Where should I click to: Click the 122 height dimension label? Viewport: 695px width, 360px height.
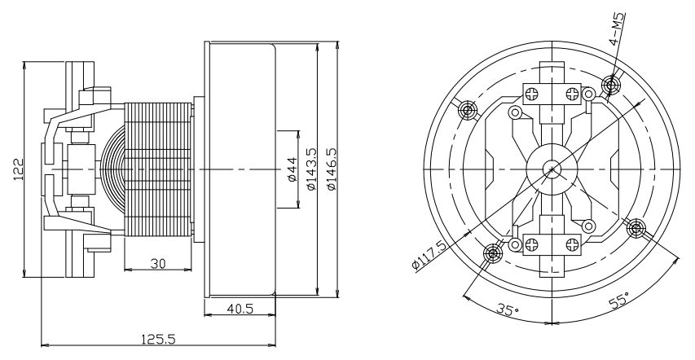coord(18,169)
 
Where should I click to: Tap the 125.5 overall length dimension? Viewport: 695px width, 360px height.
coord(158,339)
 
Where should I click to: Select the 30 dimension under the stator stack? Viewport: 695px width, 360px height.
coord(158,264)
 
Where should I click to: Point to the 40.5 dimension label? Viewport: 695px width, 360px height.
coord(240,309)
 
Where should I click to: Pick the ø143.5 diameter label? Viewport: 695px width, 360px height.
coord(311,169)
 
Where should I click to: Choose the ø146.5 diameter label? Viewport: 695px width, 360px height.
coord(331,169)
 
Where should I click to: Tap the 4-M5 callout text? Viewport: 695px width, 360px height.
coord(618,29)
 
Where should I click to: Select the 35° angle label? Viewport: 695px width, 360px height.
coord(507,309)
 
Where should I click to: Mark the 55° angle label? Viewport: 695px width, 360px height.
coord(619,301)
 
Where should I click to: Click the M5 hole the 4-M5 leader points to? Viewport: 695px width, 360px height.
coord(611,84)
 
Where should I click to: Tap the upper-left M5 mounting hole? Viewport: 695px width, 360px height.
coord(468,109)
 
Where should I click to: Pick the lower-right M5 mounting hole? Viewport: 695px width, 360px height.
coord(636,229)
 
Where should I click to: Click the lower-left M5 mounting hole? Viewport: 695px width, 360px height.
coord(492,253)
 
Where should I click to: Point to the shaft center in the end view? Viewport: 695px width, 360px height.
coord(552,169)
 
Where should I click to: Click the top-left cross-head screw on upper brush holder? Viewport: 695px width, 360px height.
coord(531,94)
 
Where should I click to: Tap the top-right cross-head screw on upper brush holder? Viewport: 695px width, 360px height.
coord(573,94)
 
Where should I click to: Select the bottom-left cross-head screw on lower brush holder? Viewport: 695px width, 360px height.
coord(531,244)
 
